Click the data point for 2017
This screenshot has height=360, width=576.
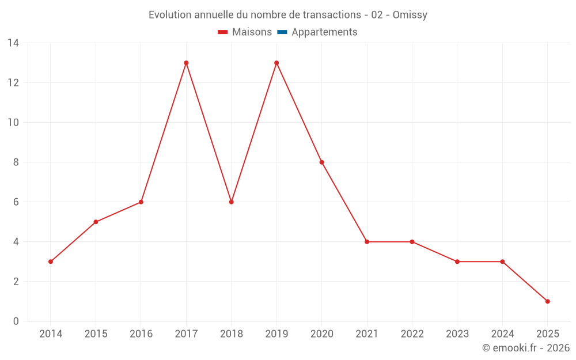[x=186, y=63]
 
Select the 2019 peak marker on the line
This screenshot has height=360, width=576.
[x=276, y=63]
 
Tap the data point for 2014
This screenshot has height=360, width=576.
[x=51, y=262]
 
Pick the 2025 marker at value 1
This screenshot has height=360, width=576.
[x=547, y=301]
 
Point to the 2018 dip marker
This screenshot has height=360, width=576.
[x=231, y=202]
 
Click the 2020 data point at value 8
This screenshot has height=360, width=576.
[x=321, y=162]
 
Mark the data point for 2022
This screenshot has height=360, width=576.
[x=412, y=242]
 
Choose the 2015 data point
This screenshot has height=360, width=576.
[x=96, y=222]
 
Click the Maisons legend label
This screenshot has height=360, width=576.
[x=252, y=32]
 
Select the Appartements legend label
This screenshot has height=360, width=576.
[x=324, y=32]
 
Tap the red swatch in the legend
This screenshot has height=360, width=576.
[x=223, y=32]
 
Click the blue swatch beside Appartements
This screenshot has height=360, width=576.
[x=282, y=32]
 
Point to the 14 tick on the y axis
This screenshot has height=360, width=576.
[x=13, y=43]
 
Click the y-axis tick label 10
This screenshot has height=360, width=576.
[x=13, y=123]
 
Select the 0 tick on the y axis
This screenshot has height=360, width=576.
[x=16, y=321]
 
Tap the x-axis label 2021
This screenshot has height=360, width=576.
[x=367, y=334]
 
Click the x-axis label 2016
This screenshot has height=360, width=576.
[x=141, y=334]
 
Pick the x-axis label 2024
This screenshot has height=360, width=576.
[x=502, y=334]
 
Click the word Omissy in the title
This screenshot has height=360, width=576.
[x=410, y=15]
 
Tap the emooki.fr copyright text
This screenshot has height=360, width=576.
[x=526, y=348]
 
